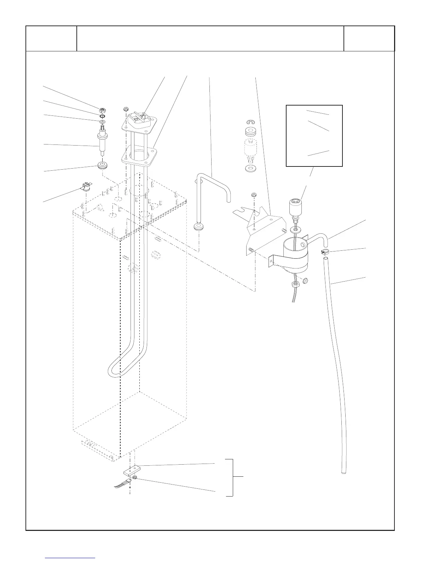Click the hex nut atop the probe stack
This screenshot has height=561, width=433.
[102, 109]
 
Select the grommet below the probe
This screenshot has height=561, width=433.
[102, 165]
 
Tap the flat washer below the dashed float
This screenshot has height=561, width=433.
[251, 167]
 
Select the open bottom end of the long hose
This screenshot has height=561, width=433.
[343, 472]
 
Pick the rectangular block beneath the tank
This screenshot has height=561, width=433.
[131, 471]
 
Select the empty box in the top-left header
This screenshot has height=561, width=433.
[51, 39]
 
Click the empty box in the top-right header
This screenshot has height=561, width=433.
[369, 39]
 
